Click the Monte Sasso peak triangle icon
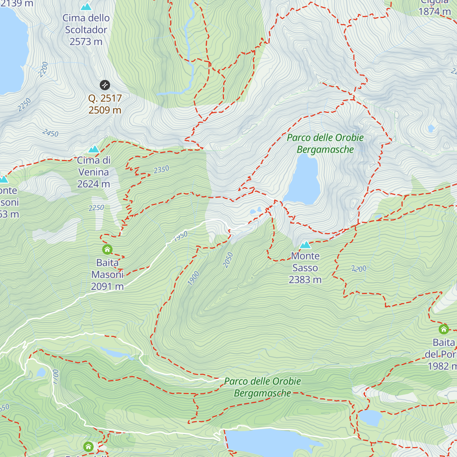point(305,245)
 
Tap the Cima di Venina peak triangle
point(94,149)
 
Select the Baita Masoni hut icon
point(107,250)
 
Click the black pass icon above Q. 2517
point(105,85)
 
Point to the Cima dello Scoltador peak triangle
point(86,7)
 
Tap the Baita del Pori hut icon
point(444,329)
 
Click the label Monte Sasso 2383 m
point(305,268)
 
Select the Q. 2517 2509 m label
point(105,104)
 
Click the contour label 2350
point(161,169)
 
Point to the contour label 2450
point(51,133)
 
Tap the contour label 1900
point(193,278)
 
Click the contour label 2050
point(228,260)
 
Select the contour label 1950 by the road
point(181,236)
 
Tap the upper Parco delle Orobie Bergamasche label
point(325,144)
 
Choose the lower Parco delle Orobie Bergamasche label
point(262,387)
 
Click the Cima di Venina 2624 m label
point(94,172)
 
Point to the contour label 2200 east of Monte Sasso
point(359,269)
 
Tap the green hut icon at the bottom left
point(88,446)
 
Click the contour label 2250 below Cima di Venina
point(96,208)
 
